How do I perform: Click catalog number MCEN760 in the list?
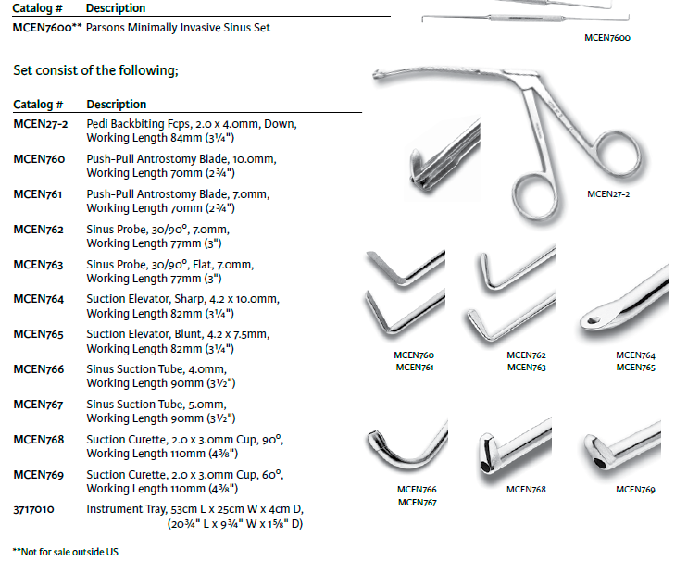point(39,159)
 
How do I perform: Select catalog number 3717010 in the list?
point(33,509)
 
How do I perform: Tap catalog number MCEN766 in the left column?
point(39,369)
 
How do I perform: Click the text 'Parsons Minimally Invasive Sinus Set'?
point(179,28)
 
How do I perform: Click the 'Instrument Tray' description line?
point(195,509)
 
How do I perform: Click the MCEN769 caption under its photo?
point(635,490)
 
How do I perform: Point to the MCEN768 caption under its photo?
point(526,490)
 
